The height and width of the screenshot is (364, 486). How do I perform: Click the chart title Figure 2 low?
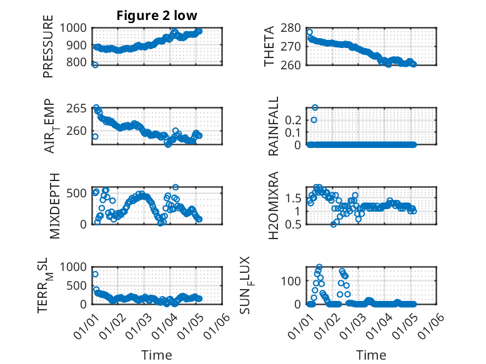157,16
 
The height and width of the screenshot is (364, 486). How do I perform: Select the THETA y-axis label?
269,46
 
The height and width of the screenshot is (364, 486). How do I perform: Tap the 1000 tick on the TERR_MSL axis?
77,267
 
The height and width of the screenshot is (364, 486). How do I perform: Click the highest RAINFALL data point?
315,107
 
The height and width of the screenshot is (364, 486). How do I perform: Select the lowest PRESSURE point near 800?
95,64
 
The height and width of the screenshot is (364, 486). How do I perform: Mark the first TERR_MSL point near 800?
95,274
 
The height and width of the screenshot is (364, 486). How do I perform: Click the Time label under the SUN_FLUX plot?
371,355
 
